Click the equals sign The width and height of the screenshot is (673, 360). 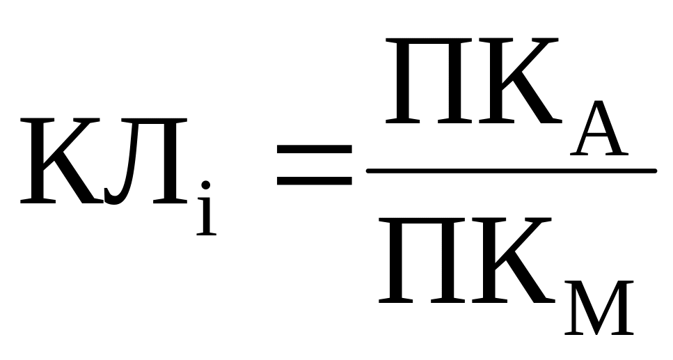[x=314, y=162]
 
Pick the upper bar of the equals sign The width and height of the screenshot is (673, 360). [x=314, y=148]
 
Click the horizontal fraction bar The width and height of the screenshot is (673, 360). [x=512, y=171]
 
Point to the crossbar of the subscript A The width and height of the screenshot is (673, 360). [x=597, y=139]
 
